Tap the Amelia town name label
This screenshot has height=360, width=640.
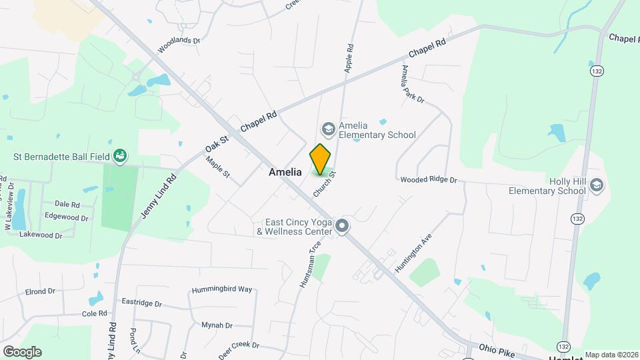coord(285,172)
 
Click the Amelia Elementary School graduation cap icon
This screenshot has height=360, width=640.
coord(327,127)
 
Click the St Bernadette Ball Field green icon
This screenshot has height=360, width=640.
coord(121,156)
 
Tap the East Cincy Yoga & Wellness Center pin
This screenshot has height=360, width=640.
coord(343,227)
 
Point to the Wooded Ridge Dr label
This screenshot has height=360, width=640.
coord(429,180)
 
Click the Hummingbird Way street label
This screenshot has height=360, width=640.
coord(222,289)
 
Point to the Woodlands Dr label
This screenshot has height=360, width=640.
coord(179,45)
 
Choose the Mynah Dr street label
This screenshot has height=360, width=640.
coord(217,325)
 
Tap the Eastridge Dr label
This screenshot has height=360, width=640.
coord(141,302)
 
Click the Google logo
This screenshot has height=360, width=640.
coord(21,351)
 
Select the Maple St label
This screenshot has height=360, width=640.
coord(218,167)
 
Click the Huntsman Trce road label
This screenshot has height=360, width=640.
coord(310,263)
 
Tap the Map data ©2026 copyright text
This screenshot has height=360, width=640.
coord(611,355)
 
